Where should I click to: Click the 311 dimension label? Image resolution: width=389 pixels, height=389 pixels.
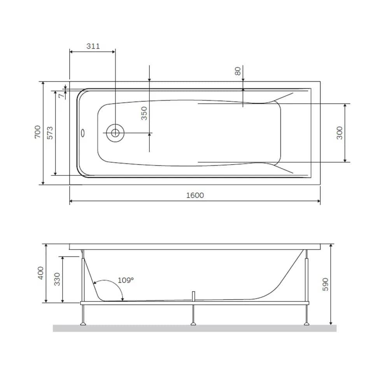(x=93, y=46)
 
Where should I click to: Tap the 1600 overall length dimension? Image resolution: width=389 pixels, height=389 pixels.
(x=195, y=195)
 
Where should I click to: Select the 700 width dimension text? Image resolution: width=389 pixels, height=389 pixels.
(x=37, y=132)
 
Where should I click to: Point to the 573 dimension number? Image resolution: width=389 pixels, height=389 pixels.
(x=50, y=133)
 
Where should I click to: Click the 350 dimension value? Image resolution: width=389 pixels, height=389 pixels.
(x=144, y=113)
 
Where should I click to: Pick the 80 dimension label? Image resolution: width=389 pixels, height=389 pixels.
(x=238, y=71)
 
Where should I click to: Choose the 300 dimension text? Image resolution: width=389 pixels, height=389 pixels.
(x=339, y=133)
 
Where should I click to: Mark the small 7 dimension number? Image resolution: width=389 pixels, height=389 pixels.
(x=61, y=96)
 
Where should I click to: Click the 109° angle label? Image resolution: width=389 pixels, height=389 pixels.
(x=126, y=280)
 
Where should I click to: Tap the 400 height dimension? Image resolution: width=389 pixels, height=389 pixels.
(x=41, y=273)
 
